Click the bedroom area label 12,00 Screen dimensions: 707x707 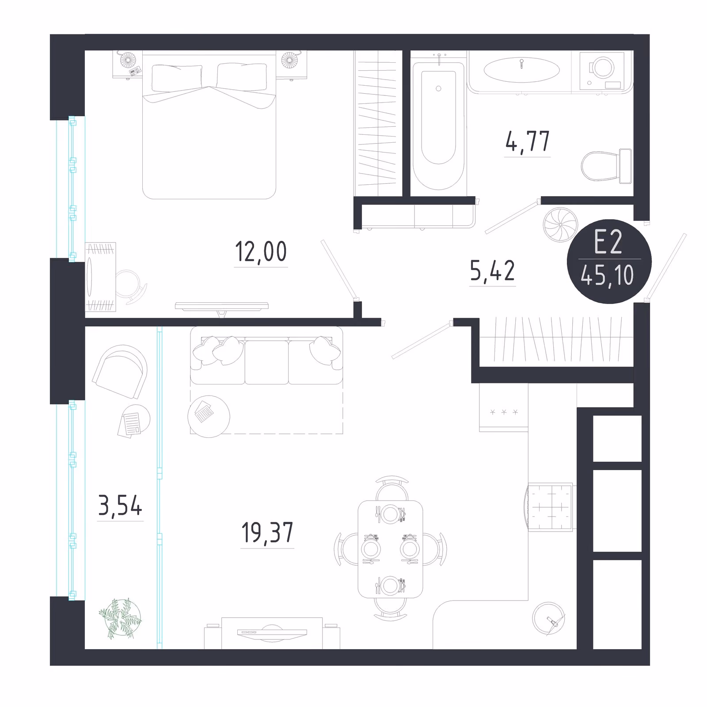(x=261, y=252)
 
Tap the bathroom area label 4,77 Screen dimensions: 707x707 (x=528, y=141)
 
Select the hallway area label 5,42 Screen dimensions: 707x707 (x=492, y=271)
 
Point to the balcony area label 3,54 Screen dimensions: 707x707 (x=120, y=506)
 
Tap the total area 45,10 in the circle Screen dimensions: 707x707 (x=608, y=276)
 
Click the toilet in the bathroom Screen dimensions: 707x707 (x=606, y=166)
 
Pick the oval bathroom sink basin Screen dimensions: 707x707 (x=522, y=70)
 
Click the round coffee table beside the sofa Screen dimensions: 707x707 (x=209, y=416)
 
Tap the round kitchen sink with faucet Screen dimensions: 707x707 (x=549, y=619)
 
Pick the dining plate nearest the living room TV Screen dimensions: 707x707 (x=391, y=586)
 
